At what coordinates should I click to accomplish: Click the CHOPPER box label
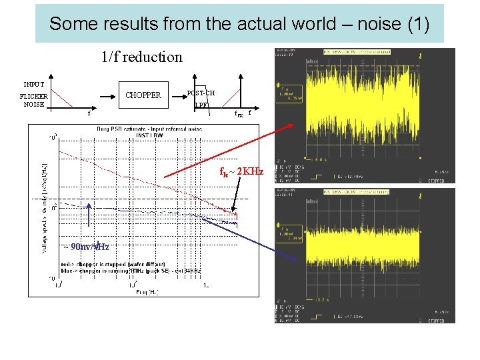(x=143, y=95)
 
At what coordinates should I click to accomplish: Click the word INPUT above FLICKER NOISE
(x=33, y=84)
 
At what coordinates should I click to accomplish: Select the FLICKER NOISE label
(x=33, y=100)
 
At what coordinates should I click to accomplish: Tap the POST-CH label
(x=201, y=93)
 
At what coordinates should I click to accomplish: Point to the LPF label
(x=201, y=105)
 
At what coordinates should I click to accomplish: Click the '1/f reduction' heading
(x=141, y=57)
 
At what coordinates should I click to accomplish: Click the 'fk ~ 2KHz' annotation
(x=241, y=171)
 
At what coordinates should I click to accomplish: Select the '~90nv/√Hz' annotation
(x=85, y=246)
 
